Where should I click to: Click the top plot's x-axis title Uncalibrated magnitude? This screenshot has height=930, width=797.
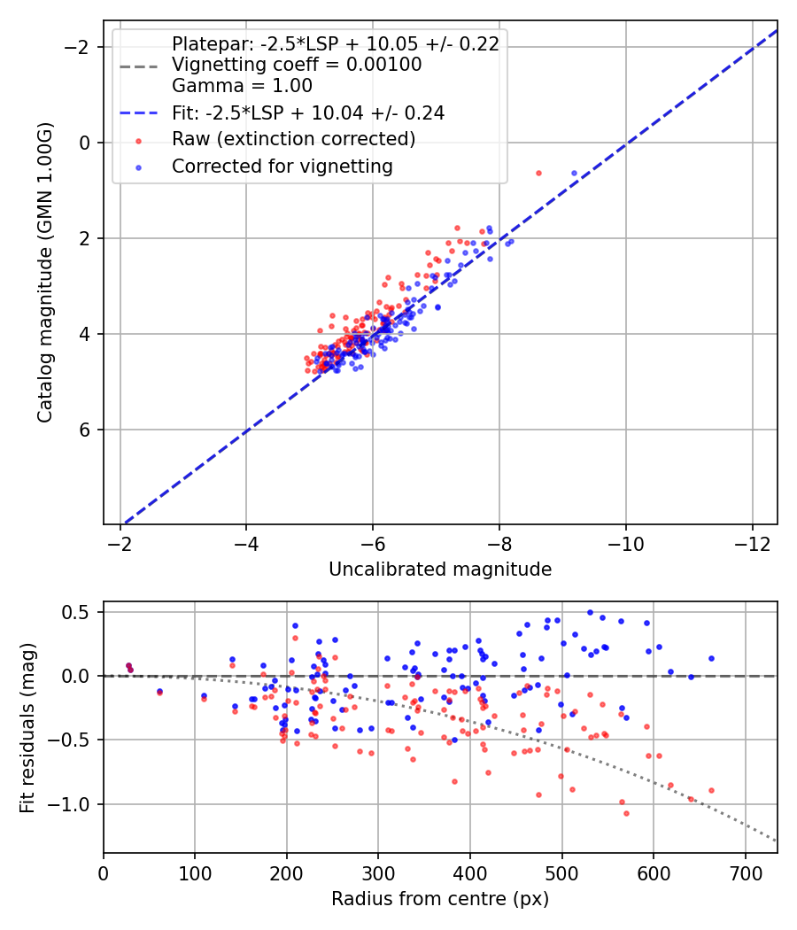[x=440, y=570]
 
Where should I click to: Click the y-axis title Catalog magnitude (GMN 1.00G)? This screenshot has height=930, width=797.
[x=45, y=272]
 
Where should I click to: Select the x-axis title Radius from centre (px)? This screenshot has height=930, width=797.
[x=440, y=899]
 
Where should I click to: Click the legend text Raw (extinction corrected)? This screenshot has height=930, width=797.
[x=293, y=139]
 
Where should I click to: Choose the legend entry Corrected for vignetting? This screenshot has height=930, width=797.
[x=282, y=166]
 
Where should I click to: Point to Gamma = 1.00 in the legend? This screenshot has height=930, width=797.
[x=242, y=86]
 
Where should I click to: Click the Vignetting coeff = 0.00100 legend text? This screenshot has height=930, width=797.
[x=297, y=65]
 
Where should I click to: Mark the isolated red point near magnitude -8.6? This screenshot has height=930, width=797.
[x=538, y=173]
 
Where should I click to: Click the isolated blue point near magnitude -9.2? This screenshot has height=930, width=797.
[x=574, y=173]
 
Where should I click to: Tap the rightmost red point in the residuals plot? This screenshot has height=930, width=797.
[x=711, y=790]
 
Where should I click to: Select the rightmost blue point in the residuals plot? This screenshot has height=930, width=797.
[x=711, y=658]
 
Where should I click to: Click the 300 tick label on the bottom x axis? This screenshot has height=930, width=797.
[x=378, y=873]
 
